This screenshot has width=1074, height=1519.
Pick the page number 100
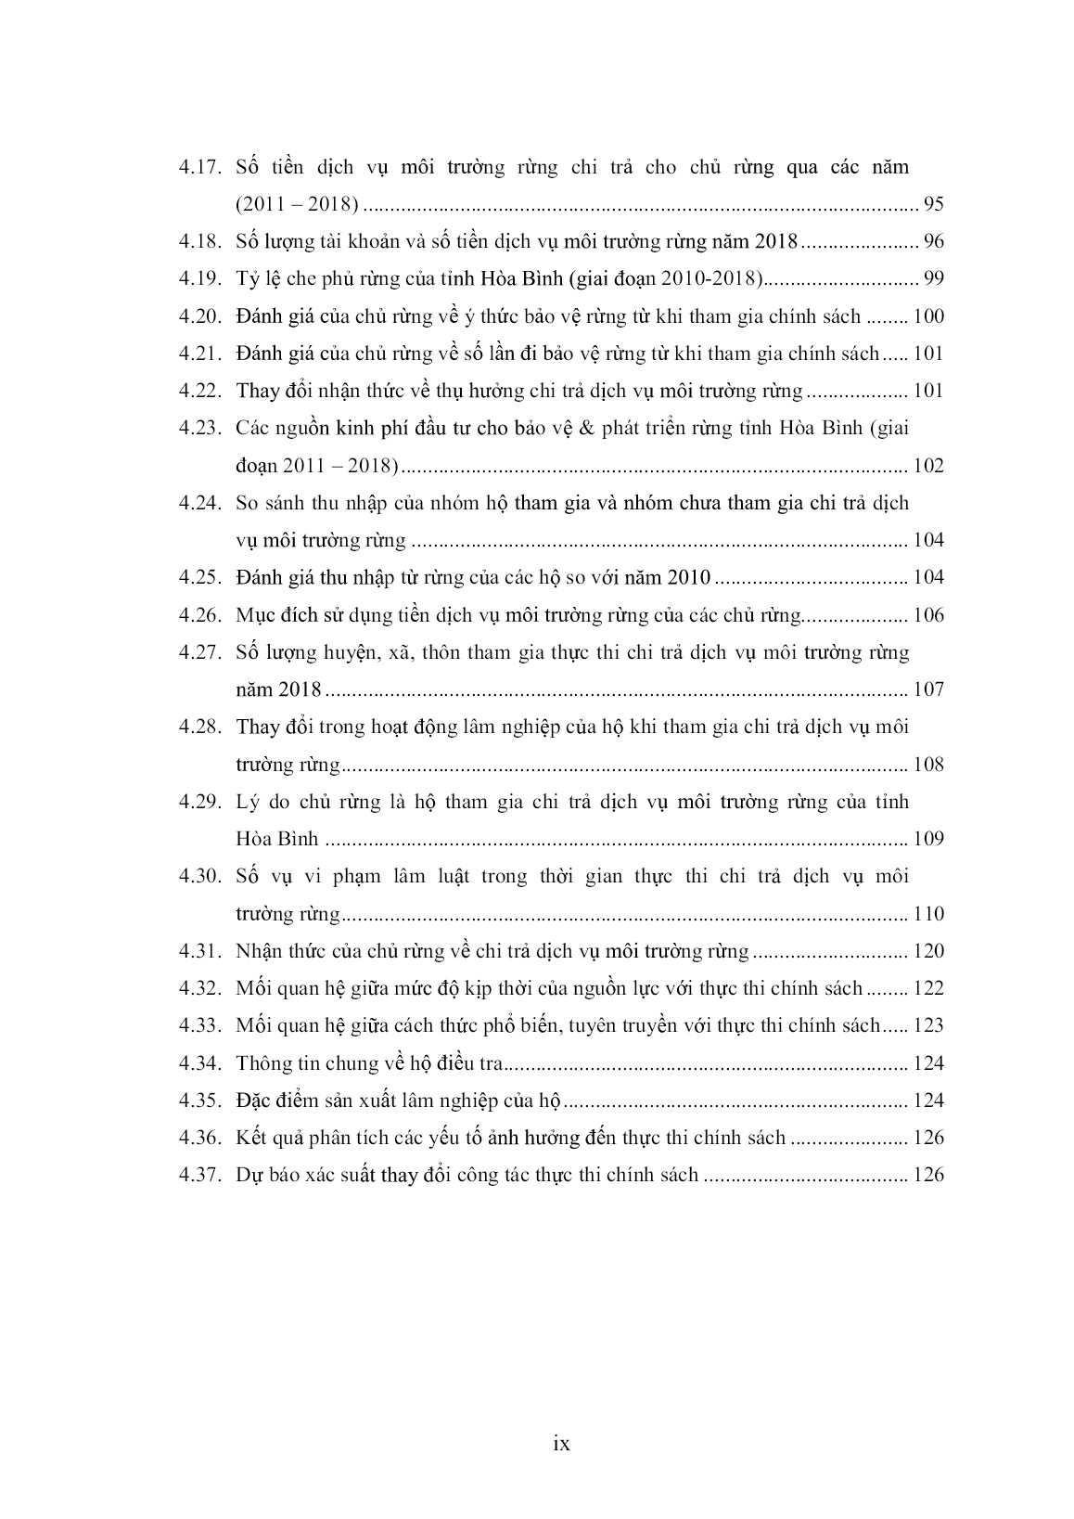click(x=928, y=316)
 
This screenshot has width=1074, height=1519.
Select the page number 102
click(x=928, y=466)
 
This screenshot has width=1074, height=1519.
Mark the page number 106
click(x=928, y=615)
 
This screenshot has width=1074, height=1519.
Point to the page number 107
click(x=928, y=689)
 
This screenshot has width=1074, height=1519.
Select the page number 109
click(x=928, y=839)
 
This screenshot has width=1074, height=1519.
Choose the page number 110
click(x=928, y=914)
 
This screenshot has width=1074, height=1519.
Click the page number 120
click(x=928, y=951)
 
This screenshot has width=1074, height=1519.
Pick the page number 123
click(x=928, y=1025)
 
